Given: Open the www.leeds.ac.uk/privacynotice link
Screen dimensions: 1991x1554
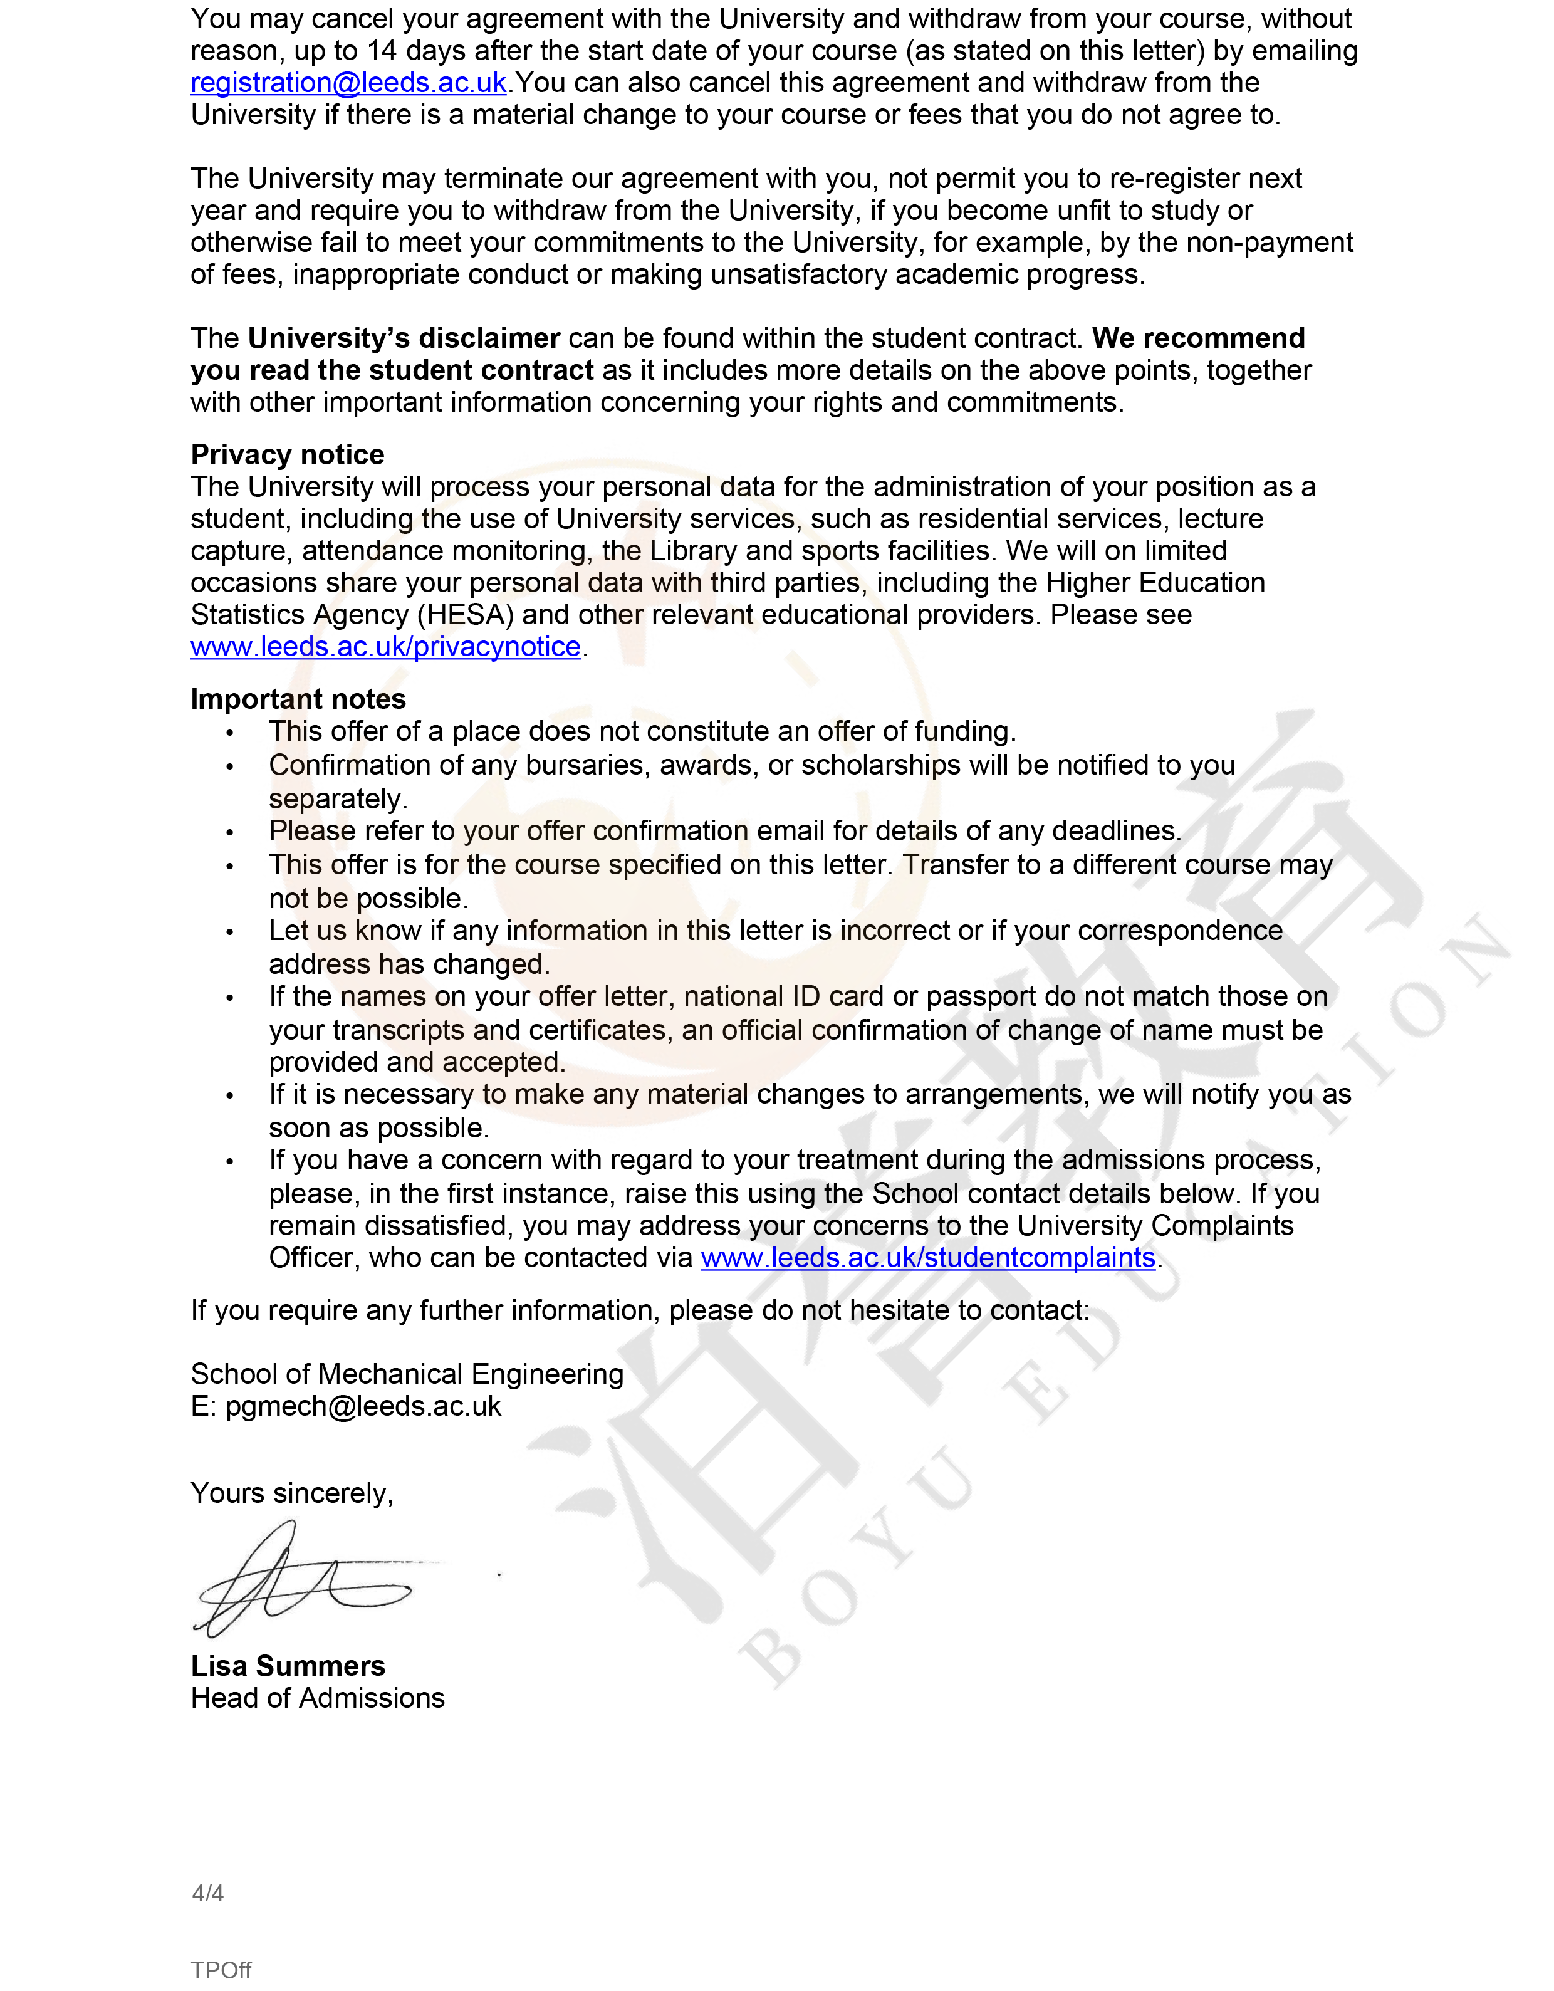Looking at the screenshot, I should pos(385,646).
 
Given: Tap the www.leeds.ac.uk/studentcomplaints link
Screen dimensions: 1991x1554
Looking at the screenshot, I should pos(928,1257).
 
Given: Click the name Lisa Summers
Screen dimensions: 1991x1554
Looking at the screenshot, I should pos(288,1666).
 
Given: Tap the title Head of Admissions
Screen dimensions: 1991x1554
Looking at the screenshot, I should pos(317,1698).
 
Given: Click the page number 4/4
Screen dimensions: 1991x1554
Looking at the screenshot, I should pos(208,1893).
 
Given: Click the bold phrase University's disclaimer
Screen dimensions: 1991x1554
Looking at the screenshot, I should pos(404,338).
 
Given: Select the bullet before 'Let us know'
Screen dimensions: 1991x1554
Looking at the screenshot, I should pos(230,933).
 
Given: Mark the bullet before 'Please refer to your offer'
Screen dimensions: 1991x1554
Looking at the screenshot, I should pos(230,832).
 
